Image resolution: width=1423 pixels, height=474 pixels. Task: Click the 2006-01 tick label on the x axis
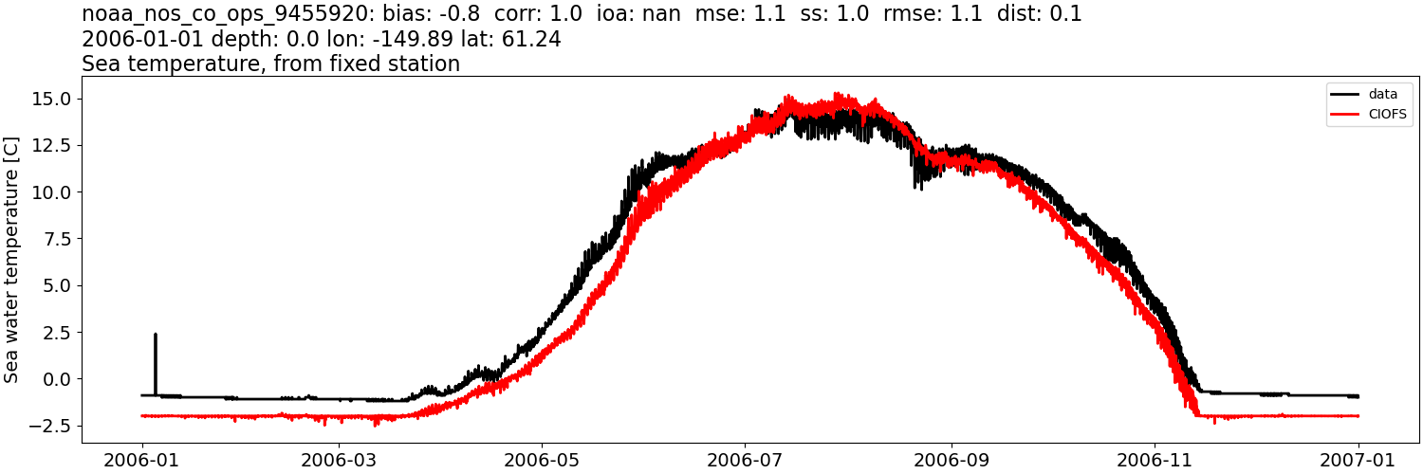pyautogui.click(x=142, y=460)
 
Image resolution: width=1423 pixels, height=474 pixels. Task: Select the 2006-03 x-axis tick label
pyautogui.click(x=339, y=460)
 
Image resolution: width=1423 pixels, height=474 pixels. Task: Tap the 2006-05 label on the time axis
pyautogui.click(x=542, y=460)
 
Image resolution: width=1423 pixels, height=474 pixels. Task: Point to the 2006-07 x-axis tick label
pyautogui.click(x=745, y=460)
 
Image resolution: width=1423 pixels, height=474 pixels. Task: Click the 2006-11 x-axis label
pyautogui.click(x=1155, y=460)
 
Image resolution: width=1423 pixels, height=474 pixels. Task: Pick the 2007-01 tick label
pyautogui.click(x=1358, y=460)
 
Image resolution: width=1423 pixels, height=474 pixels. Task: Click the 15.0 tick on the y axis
pyautogui.click(x=55, y=99)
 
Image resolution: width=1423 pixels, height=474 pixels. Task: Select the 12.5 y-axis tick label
pyautogui.click(x=55, y=145)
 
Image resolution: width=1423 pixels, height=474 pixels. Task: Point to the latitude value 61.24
pyautogui.click(x=535, y=39)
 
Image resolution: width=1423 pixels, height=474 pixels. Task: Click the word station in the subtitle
pyautogui.click(x=422, y=64)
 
